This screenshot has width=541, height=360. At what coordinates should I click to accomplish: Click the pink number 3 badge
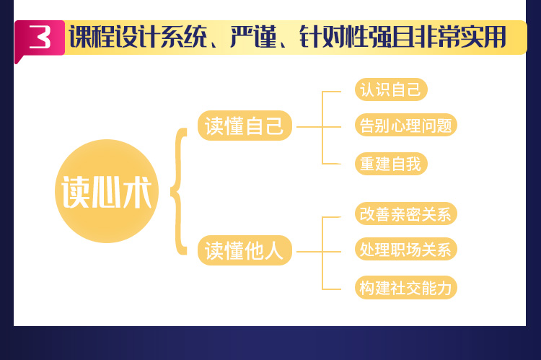(40, 38)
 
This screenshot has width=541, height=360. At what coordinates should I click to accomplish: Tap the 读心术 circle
(107, 191)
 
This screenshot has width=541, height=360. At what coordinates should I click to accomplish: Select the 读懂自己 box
(245, 126)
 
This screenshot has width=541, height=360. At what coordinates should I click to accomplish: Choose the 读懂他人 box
(245, 250)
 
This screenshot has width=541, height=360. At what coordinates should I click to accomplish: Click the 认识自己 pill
(391, 89)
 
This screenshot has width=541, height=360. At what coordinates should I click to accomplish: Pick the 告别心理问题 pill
(405, 125)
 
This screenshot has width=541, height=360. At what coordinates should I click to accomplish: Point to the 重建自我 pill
(391, 164)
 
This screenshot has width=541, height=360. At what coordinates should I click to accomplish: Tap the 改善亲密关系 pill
(405, 214)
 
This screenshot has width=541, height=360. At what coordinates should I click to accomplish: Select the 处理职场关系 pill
(405, 249)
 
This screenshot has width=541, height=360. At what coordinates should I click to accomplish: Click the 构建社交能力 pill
(405, 287)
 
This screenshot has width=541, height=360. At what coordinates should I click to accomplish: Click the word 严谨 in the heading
(253, 37)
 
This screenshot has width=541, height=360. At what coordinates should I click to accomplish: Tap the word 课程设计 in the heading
(115, 37)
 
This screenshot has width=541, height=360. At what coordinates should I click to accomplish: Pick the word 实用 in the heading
(483, 37)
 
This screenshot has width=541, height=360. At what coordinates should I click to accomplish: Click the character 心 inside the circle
(107, 192)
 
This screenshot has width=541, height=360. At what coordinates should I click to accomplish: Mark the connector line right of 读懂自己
(318, 127)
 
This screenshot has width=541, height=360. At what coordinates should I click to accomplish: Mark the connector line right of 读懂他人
(318, 252)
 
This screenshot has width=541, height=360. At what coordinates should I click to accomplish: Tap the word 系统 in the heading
(183, 37)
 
